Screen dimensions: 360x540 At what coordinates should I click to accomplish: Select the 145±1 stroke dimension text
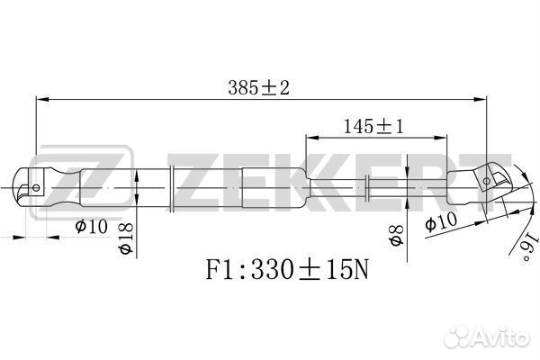coord(373,127)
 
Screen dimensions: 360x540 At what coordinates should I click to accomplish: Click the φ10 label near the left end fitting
coord(91,226)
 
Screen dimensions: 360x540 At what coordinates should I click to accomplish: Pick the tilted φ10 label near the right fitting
coord(442,220)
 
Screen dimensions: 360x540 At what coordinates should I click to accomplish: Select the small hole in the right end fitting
coord(487,181)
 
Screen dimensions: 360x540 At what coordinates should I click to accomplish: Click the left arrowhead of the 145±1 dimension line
coord(310,138)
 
